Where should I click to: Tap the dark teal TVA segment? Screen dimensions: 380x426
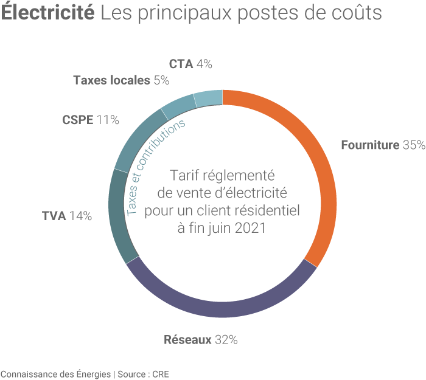coord(117,216)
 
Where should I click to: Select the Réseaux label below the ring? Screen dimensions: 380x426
coord(187,339)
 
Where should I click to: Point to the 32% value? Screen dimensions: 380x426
coord(225,339)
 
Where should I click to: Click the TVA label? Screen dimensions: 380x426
coord(54,216)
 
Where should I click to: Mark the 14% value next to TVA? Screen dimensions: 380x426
coord(80,216)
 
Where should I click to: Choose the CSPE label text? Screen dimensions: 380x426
coord(77,120)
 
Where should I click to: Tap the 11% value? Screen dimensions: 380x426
coord(107,120)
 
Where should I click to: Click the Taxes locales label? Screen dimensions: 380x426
coord(111,80)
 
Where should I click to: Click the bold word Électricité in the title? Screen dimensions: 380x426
coord(47,13)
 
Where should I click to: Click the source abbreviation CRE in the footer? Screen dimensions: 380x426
coord(161,373)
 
